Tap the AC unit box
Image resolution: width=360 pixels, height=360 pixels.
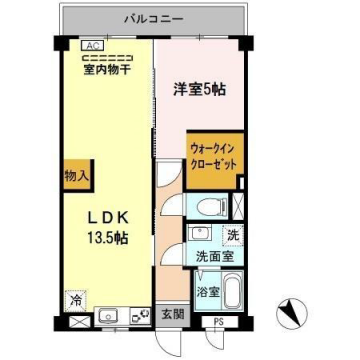[x=89, y=45]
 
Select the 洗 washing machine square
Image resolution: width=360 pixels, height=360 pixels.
[x=231, y=238]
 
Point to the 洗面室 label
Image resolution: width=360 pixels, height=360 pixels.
[x=213, y=257]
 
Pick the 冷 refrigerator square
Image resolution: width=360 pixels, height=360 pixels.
[x=75, y=299]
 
